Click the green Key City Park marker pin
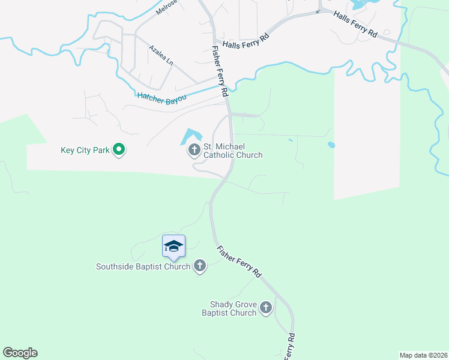coord(119,149)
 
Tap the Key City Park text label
coord(85,150)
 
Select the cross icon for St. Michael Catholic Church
coord(194,149)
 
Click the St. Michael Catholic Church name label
coord(233,151)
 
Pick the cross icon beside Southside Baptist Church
coord(200,266)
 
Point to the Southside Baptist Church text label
coord(143,266)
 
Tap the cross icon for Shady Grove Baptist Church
coord(266,308)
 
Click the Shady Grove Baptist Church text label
coord(233,308)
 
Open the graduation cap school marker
coord(173,247)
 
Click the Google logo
coord(20,353)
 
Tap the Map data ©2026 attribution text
coord(423,355)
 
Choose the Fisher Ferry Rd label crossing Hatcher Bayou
coord(220,72)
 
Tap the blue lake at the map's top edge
coord(360,5)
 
